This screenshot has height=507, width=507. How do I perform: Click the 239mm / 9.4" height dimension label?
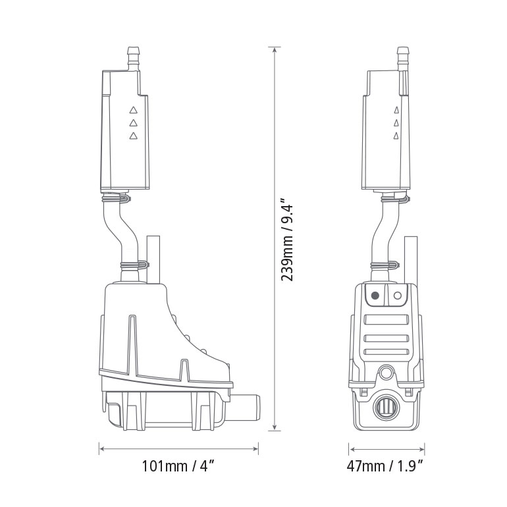pos(288,239)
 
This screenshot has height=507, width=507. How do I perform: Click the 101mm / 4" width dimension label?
pos(178,467)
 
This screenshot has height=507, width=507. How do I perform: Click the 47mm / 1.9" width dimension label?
pos(385,467)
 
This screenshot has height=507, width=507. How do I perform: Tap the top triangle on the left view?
pos(133,111)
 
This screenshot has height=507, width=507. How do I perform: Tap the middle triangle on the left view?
pos(133,123)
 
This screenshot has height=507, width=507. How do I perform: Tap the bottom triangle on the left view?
pos(133,136)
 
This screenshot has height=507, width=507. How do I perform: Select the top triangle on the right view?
pos(396,111)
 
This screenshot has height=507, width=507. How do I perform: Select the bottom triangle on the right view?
pos(396,136)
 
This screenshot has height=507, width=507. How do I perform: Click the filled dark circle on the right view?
pos(375,296)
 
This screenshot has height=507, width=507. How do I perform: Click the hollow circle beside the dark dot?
pos(397,296)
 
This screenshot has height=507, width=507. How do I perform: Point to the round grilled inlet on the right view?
pos(385,408)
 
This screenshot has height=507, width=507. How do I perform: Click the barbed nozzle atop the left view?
pos(134,59)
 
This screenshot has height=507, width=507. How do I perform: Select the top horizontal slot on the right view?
pos(386,319)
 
